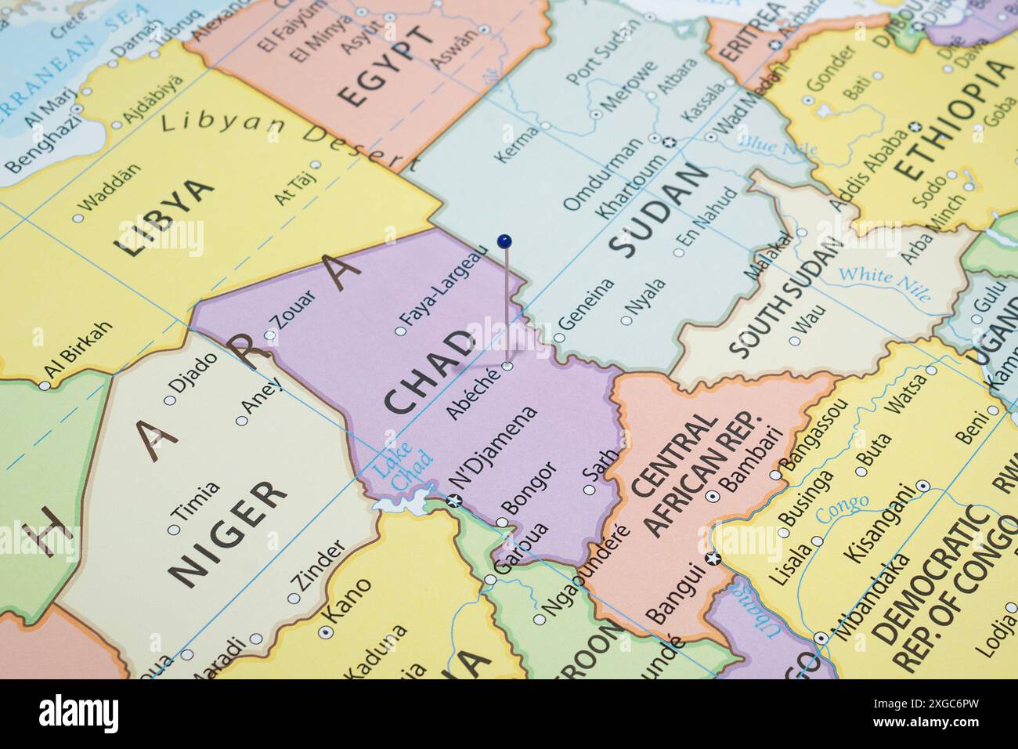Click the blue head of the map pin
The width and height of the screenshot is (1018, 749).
[x=504, y=239]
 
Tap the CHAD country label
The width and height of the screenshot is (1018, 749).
[x=430, y=371]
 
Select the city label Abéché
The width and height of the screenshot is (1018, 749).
[x=471, y=393]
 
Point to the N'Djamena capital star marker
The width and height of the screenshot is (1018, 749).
[x=453, y=501]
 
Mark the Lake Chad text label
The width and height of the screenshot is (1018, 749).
[x=403, y=470]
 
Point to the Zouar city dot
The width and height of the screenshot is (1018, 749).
[x=270, y=335]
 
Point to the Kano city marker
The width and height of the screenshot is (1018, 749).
[x=325, y=631]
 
